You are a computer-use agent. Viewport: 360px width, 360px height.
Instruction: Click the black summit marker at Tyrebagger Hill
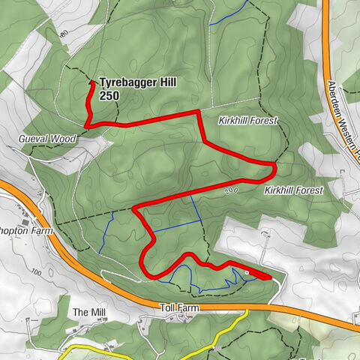click(x=92, y=82)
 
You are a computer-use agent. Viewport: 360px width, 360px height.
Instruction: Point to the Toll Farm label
click(x=177, y=307)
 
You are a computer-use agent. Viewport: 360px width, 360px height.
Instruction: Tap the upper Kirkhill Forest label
click(x=248, y=120)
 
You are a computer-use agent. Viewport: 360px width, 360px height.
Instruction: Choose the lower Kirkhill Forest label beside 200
click(x=293, y=190)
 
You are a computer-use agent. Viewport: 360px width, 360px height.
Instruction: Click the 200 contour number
click(x=231, y=192)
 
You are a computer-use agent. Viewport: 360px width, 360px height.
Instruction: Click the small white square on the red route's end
click(x=247, y=271)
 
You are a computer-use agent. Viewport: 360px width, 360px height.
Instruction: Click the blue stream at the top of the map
click(x=225, y=16)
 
